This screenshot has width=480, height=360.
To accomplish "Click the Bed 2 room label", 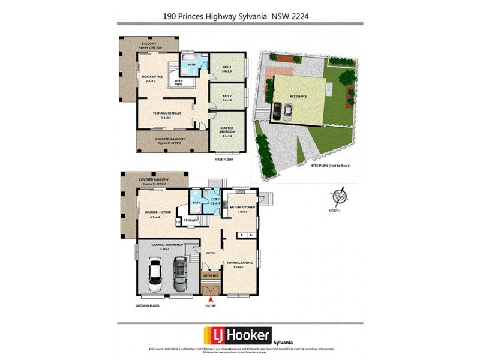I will point(227,97).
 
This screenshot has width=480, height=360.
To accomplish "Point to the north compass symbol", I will point(340,197).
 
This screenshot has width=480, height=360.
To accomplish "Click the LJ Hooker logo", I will point(238,335).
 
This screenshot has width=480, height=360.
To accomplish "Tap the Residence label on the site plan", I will point(298,96).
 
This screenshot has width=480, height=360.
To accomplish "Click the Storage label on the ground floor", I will point(191,220).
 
